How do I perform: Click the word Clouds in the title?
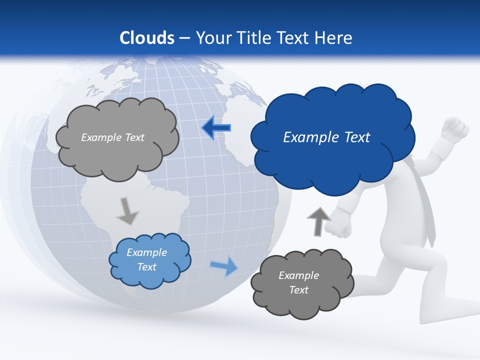[x=146, y=38]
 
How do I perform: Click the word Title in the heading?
[x=254, y=38]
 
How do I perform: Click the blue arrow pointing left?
[x=216, y=127]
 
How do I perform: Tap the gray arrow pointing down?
[x=127, y=210]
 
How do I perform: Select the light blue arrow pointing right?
[x=224, y=266]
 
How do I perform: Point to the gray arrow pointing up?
[x=318, y=221]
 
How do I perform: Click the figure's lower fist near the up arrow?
[x=339, y=223]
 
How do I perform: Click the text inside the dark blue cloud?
[x=326, y=137]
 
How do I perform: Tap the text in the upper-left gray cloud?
[x=112, y=137]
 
